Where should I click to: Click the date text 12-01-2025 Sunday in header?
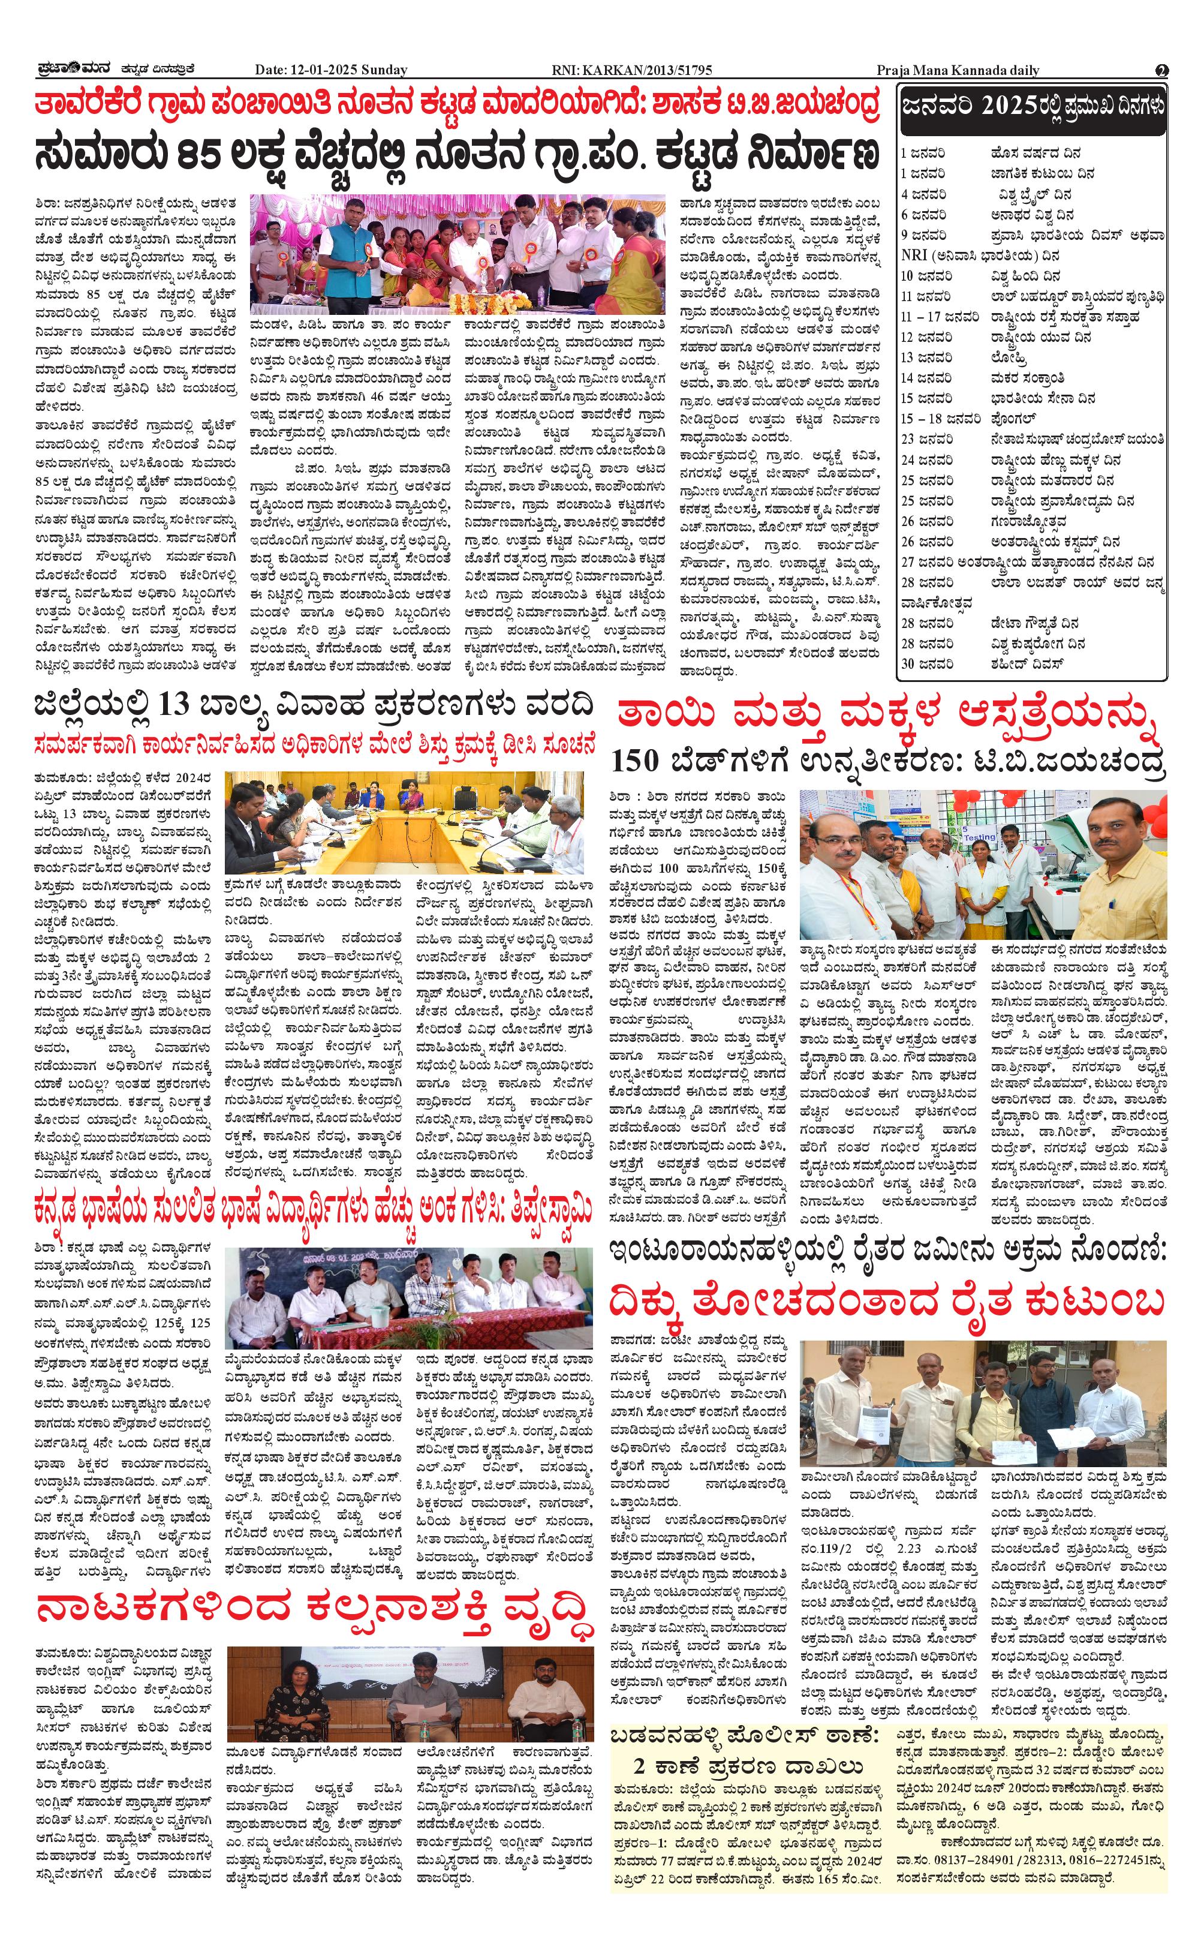point(331,70)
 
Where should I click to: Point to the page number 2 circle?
point(1162,70)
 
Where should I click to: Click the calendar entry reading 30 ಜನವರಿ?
point(924,663)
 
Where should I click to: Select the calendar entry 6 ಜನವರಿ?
point(924,214)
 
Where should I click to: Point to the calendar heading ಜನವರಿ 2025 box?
point(1032,107)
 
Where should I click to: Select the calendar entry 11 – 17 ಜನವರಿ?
point(940,317)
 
